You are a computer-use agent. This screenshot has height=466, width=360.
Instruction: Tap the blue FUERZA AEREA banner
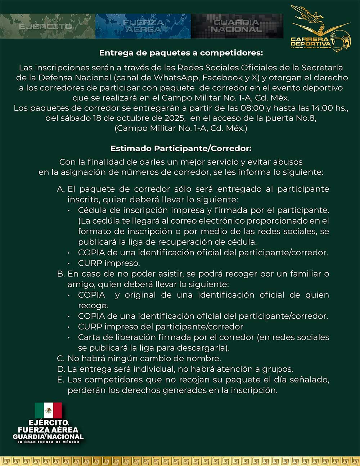[x=143, y=26]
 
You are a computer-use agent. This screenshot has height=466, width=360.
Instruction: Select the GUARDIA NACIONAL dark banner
[x=237, y=26]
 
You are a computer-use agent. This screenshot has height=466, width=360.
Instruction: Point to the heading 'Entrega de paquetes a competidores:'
[x=181, y=53]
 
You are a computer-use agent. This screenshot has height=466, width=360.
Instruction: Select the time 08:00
[x=253, y=108]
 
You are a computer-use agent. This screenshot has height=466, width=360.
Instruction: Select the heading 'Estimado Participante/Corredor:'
[x=181, y=148]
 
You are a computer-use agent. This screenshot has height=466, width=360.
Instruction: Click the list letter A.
[x=60, y=189]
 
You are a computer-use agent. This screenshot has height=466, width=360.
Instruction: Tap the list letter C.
[x=60, y=358]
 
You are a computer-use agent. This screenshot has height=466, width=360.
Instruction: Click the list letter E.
[x=60, y=380]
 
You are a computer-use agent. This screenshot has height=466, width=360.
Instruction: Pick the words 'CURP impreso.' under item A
[x=109, y=263]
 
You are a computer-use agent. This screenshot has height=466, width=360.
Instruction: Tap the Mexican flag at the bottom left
[x=48, y=410]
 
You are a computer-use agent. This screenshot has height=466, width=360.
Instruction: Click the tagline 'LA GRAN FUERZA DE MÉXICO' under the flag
[x=48, y=442]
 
